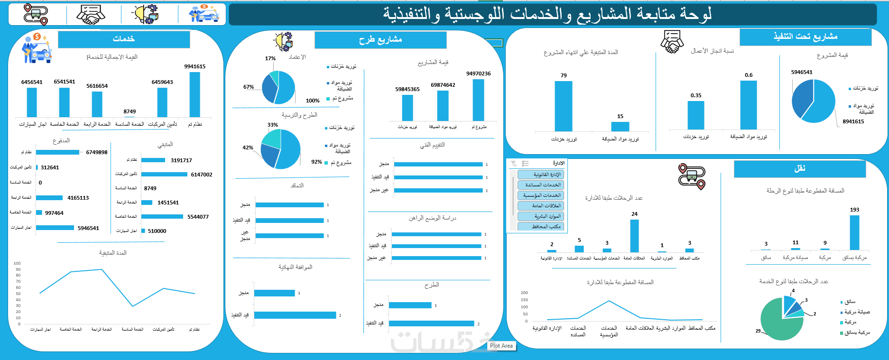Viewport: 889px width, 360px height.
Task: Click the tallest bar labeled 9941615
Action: tap(194, 94)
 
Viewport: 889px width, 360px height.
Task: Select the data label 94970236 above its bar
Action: tap(478, 74)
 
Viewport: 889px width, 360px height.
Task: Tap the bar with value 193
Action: tap(854, 232)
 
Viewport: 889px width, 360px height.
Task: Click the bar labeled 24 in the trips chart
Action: tap(634, 235)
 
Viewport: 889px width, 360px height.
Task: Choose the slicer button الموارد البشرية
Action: tap(541, 216)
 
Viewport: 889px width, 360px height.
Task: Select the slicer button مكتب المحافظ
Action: tap(541, 227)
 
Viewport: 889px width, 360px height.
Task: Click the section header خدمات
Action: tap(124, 39)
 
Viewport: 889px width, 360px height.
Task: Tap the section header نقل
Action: tap(800, 168)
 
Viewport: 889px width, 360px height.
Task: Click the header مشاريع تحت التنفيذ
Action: tap(806, 37)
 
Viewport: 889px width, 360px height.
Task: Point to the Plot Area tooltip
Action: tap(501, 346)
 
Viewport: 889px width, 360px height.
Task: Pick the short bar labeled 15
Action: tap(620, 126)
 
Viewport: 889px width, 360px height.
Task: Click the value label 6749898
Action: tap(97, 152)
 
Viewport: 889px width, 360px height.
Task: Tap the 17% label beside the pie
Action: tap(270, 58)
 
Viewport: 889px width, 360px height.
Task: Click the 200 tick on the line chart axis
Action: tap(524, 293)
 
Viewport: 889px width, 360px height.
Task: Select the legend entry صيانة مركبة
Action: tap(857, 312)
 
